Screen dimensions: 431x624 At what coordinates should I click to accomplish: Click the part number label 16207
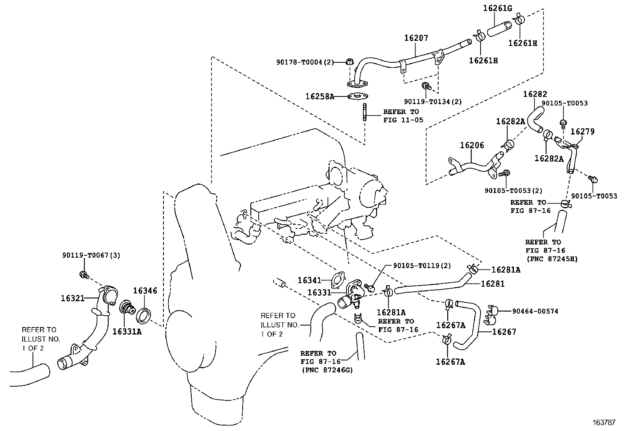point(416,38)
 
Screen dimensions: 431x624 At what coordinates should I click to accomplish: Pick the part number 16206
point(472,145)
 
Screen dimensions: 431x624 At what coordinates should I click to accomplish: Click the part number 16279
point(582,132)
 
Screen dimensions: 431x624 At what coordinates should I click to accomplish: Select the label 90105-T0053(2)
point(513,191)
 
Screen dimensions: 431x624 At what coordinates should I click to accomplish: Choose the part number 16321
point(73,298)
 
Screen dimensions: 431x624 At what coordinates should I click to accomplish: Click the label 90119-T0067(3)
point(91,255)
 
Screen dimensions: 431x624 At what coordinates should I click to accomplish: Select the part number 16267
point(504,332)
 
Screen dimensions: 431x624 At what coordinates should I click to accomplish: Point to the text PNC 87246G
point(327,370)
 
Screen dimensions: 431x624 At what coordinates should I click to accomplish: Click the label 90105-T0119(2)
point(422,266)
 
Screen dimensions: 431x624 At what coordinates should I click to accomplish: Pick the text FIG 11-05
point(403,120)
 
